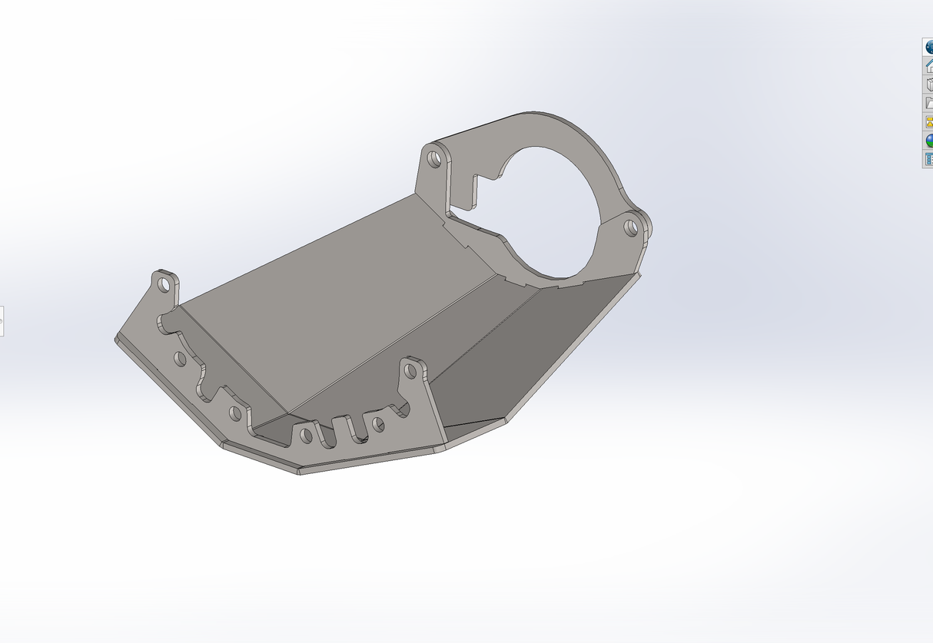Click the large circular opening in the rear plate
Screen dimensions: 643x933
coord(550,207)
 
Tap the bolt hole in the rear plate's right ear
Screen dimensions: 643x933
coord(630,227)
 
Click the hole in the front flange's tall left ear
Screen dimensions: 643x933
coord(164,283)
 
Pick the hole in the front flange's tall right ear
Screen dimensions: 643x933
coord(410,371)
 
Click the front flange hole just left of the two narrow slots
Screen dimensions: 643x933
coord(306,436)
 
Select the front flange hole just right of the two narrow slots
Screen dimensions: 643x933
coord(377,423)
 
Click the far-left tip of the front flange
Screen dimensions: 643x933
coord(117,338)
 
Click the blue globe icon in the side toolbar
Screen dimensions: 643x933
coord(928,47)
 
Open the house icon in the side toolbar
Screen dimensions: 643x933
coord(928,66)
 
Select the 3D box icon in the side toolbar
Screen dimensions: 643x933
coord(928,85)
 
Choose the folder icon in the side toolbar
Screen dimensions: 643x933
coord(928,103)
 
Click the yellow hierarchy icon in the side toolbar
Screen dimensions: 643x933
coord(928,121)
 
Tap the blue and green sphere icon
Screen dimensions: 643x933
coord(928,141)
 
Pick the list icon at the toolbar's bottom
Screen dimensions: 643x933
coord(928,159)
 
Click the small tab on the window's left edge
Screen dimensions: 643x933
coord(2,320)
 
